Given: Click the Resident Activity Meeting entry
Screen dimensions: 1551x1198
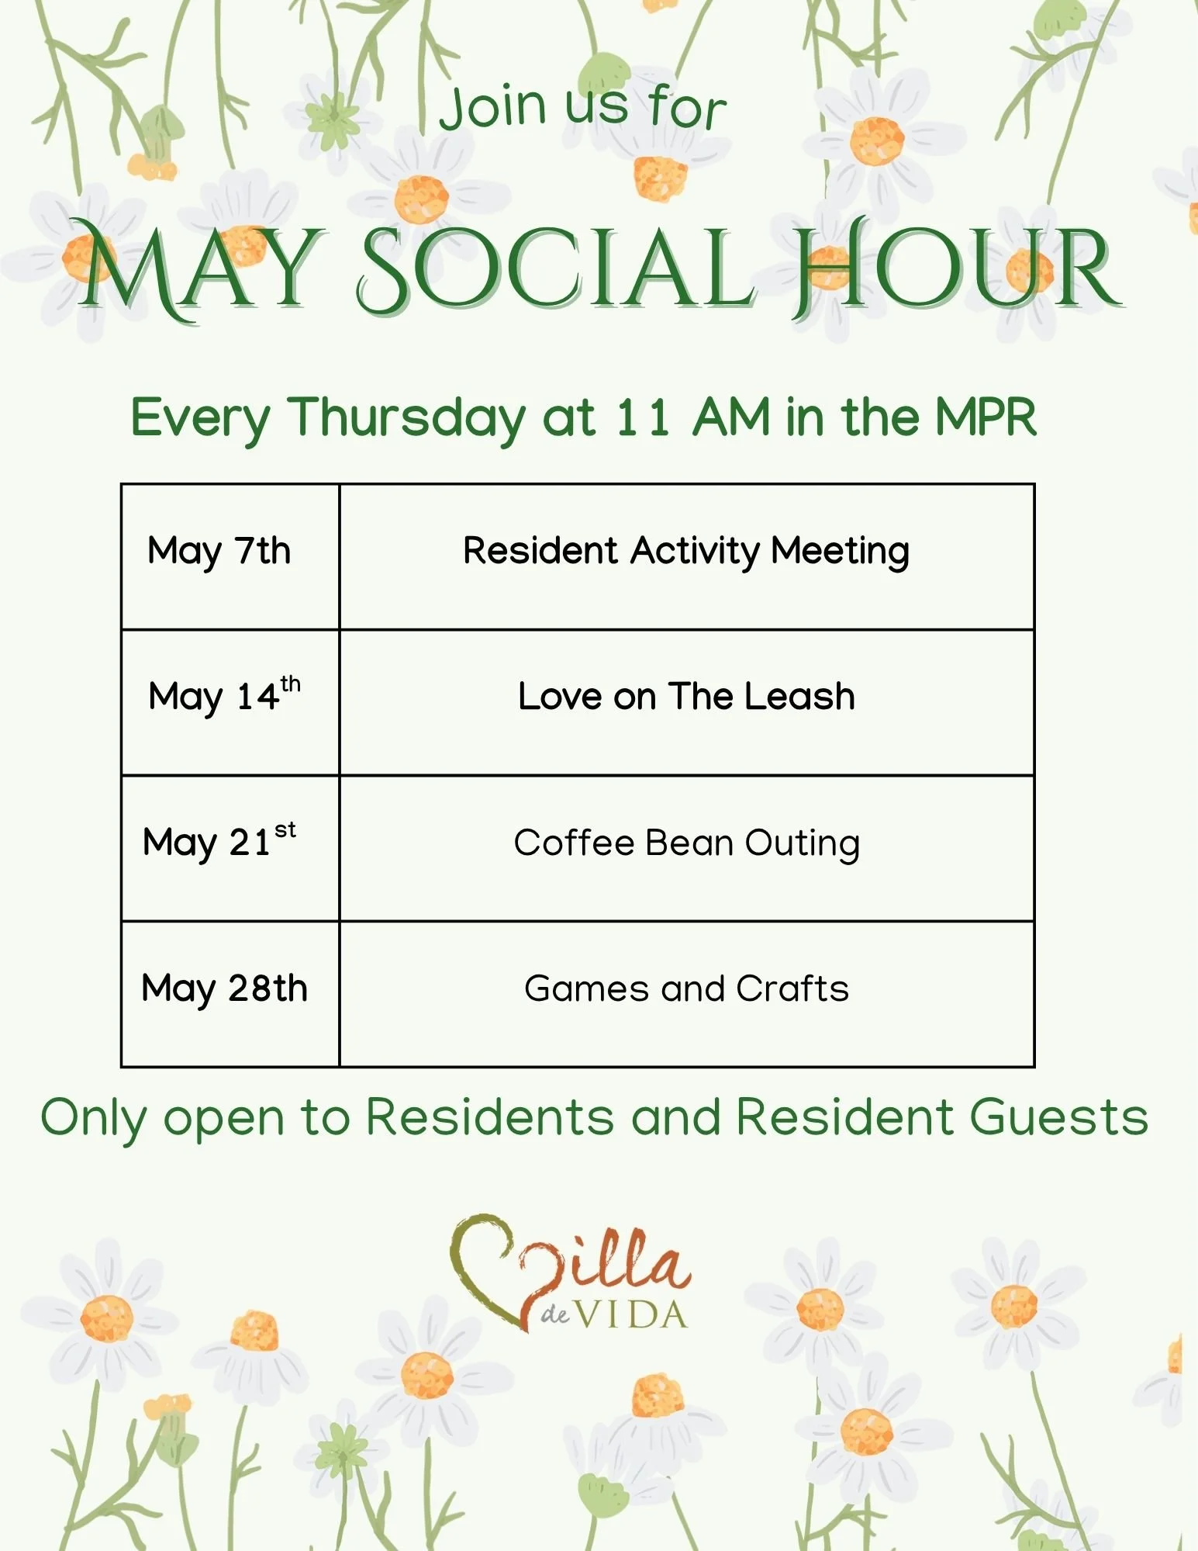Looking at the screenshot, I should click(x=686, y=552).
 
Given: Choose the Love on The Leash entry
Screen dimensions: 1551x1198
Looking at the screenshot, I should click(x=686, y=696).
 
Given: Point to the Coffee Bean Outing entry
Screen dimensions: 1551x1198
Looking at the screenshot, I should click(x=686, y=843).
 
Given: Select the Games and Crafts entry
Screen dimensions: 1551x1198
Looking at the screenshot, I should click(x=686, y=988).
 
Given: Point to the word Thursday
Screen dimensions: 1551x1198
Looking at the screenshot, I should click(x=407, y=418).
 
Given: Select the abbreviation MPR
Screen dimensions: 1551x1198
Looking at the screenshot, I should click(x=986, y=417).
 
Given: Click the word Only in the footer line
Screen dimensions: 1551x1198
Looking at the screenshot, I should click(x=93, y=1120).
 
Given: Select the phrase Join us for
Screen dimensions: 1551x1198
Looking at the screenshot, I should click(x=583, y=106).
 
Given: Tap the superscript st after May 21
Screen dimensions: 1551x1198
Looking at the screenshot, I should click(x=285, y=829).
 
